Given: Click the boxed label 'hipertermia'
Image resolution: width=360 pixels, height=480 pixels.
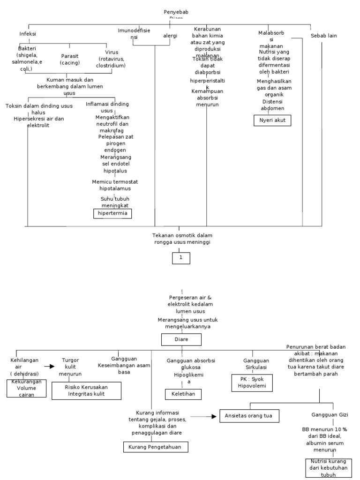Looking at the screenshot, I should point(112,214).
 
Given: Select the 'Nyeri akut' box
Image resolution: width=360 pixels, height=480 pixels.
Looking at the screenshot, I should point(272,121).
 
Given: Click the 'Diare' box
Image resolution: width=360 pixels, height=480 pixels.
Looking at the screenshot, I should point(181,339).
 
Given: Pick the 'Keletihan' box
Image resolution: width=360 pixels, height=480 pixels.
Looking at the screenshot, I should point(183,395).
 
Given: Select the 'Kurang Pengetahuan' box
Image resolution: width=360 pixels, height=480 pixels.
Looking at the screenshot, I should point(156,447).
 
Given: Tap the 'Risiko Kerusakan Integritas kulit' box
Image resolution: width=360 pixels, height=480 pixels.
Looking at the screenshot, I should point(87,390).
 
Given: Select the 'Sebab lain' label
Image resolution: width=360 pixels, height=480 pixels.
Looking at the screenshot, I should point(323,36).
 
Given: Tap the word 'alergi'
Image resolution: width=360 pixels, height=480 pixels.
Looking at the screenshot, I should point(170,35).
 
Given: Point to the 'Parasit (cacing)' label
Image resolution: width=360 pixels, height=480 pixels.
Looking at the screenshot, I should point(70,59).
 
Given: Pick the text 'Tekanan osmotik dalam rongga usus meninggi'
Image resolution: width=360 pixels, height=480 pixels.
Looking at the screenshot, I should point(181,238).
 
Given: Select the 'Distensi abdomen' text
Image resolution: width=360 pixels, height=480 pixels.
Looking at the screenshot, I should point(272,105).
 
